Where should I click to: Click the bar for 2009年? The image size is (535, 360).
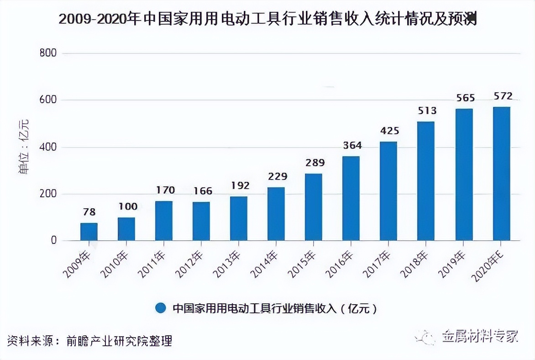click(89, 232)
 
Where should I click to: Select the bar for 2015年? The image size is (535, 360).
click(314, 207)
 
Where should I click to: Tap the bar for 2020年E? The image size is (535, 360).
click(501, 174)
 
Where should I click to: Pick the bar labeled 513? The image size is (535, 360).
click(426, 181)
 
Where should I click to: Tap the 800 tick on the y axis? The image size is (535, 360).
click(48, 53)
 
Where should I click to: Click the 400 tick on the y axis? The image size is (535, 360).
click(48, 147)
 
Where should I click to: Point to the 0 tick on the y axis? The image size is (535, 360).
click(53, 240)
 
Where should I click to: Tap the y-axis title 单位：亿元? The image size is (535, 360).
click(24, 146)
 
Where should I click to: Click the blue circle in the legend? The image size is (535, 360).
click(160, 308)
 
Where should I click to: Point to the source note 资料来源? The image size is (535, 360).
click(89, 340)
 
